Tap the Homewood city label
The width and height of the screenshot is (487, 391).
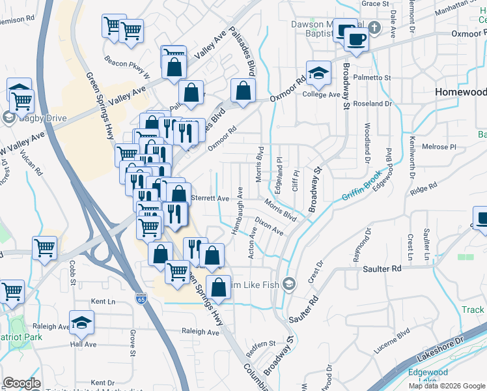click(x=460, y=93)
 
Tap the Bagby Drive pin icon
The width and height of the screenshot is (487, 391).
click(x=8, y=117)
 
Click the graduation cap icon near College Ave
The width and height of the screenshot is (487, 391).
click(x=319, y=75)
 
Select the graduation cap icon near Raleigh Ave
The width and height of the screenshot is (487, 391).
click(x=82, y=323)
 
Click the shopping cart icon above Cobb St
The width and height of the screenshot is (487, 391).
click(x=44, y=247)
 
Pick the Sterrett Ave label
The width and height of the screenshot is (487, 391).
click(x=210, y=198)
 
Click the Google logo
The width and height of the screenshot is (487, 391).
click(x=21, y=383)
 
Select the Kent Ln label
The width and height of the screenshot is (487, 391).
click(x=103, y=302)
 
